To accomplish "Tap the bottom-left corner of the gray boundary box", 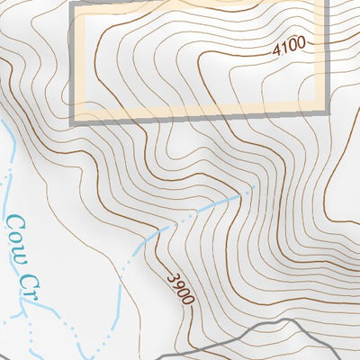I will point(72,118).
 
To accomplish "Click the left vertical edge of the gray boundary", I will point(72,63).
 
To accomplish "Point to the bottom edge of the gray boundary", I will point(198,112).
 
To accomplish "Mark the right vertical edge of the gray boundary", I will point(324,54).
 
